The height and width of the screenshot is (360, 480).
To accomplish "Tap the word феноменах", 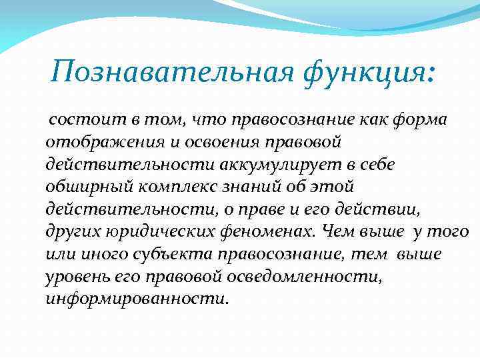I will [273, 232].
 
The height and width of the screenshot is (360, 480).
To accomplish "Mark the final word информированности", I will [137, 300].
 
